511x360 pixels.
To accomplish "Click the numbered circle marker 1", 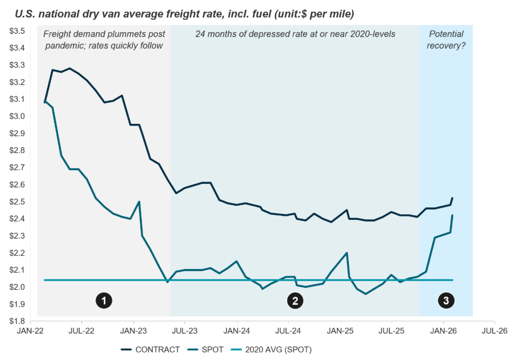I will click(x=104, y=300).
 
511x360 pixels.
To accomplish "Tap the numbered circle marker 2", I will click(x=295, y=300).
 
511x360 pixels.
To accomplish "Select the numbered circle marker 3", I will click(x=446, y=300).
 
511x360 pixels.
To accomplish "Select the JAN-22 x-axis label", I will click(x=31, y=331).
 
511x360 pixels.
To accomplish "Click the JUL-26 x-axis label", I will click(x=495, y=331).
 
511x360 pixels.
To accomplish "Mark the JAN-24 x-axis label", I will click(x=237, y=331).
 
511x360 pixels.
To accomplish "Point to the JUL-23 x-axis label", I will click(x=186, y=331).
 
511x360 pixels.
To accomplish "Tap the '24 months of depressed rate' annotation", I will click(x=295, y=34).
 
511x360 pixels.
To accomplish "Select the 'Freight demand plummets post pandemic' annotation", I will click(x=104, y=40).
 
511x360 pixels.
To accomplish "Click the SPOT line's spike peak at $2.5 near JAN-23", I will click(x=139, y=202).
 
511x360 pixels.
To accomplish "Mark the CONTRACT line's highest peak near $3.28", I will click(x=70, y=68).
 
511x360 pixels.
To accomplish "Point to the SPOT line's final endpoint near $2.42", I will click(x=453, y=215).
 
